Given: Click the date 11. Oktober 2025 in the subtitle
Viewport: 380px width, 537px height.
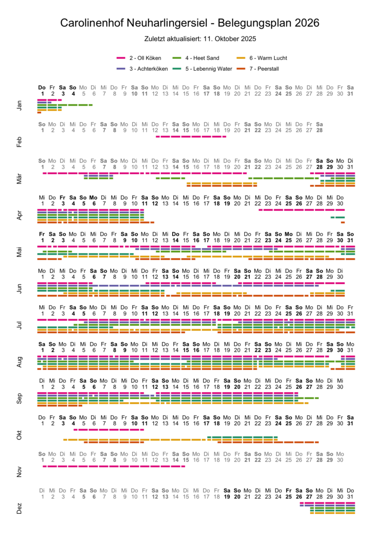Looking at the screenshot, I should click(232, 38).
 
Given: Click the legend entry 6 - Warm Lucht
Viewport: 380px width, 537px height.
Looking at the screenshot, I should click(268, 58).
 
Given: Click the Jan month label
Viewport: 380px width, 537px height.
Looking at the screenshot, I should click(19, 105).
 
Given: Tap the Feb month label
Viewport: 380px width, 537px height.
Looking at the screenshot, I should click(19, 142).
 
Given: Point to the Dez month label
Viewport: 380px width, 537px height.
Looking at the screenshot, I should click(19, 509).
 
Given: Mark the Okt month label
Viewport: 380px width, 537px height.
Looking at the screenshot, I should click(19, 436).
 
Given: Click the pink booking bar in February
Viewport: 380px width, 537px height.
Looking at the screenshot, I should click(191, 136).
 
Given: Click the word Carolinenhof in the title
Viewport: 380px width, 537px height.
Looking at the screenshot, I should click(93, 23).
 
